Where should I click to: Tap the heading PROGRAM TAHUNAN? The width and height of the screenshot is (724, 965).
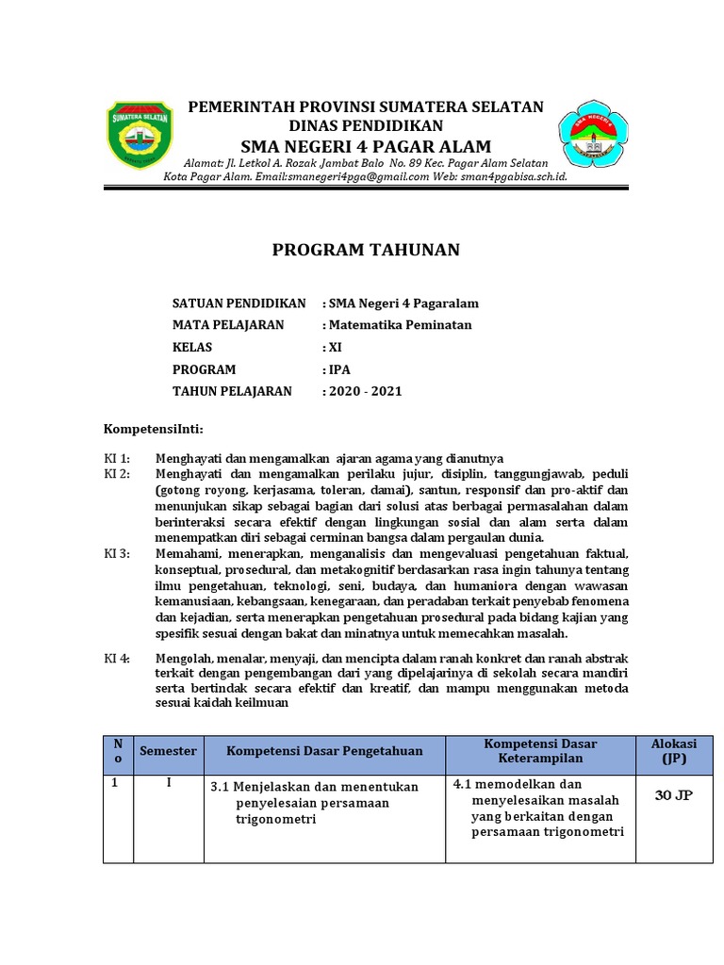[366, 250]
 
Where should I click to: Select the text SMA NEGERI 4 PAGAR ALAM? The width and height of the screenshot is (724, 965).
[366, 146]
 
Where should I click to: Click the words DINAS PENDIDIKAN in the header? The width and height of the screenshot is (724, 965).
[366, 125]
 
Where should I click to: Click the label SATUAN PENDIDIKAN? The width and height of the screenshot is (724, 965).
[239, 303]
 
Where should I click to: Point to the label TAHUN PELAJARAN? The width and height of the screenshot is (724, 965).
[232, 391]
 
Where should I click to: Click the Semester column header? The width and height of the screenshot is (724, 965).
[168, 751]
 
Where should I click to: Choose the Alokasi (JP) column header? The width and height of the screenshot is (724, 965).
[674, 751]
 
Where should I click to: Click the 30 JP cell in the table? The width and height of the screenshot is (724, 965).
[674, 796]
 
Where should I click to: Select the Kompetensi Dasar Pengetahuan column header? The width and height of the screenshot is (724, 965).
[324, 751]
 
